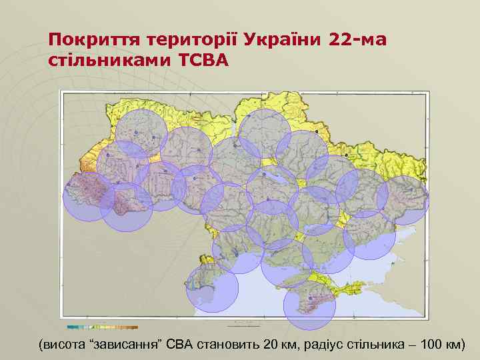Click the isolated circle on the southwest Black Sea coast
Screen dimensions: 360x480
point(212,289)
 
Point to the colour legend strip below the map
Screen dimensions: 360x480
point(103,327)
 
